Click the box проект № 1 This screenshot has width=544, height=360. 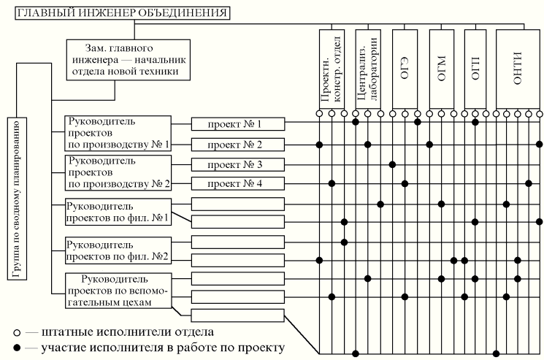238,123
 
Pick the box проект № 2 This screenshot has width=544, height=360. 238,143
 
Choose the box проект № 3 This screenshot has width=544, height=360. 238,164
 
